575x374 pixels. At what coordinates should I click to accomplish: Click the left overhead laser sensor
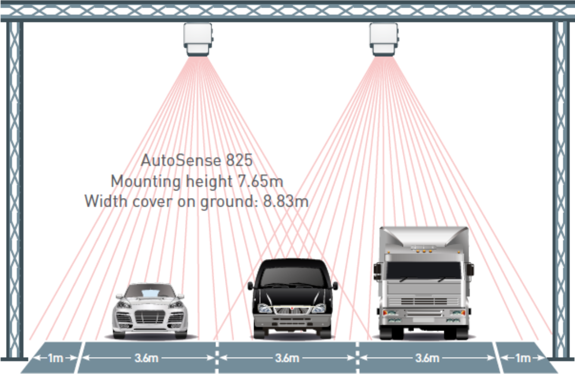coord(198,39)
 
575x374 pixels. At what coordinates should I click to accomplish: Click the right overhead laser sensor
coord(384,39)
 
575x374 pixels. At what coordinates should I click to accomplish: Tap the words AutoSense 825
coord(197,161)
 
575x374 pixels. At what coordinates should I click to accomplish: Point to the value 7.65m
coord(261,181)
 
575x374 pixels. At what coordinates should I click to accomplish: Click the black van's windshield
coord(293,277)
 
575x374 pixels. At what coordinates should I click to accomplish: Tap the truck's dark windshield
coord(423,270)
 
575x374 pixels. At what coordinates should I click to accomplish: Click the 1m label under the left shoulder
coord(55,358)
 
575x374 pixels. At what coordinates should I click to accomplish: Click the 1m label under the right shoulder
coord(523,358)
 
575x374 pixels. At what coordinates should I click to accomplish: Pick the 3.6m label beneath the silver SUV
coord(147,358)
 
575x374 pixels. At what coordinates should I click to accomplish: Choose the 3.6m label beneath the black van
coord(287,358)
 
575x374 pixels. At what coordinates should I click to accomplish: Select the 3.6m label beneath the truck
coord(427,358)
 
